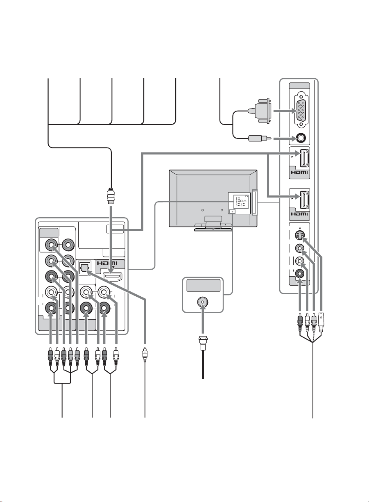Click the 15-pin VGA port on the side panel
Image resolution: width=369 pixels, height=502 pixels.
coord(301,111)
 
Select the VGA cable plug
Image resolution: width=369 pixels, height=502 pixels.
coord(260,111)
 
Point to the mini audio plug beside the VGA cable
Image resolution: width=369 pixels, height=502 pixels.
coord(260,138)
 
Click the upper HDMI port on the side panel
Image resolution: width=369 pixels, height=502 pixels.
coord(304,158)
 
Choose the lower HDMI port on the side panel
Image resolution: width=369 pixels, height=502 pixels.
coord(304,200)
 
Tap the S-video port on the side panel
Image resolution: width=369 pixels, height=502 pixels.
coord(300,235)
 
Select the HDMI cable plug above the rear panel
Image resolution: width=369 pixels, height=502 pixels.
coord(111,196)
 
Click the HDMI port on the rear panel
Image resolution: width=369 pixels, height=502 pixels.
coord(112,277)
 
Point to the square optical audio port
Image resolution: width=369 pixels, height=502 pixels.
coord(84,267)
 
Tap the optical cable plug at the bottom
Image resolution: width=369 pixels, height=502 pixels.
coord(145,354)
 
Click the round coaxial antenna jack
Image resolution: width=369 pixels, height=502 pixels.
coord(203,302)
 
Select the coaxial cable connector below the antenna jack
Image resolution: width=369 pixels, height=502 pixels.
coord(203,343)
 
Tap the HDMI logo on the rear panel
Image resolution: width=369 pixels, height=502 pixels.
coord(107,263)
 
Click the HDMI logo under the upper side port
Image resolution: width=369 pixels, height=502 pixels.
coord(299,173)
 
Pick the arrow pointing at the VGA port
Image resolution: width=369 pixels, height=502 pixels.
coord(285,111)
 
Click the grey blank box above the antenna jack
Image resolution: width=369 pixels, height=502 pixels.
coord(203,285)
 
